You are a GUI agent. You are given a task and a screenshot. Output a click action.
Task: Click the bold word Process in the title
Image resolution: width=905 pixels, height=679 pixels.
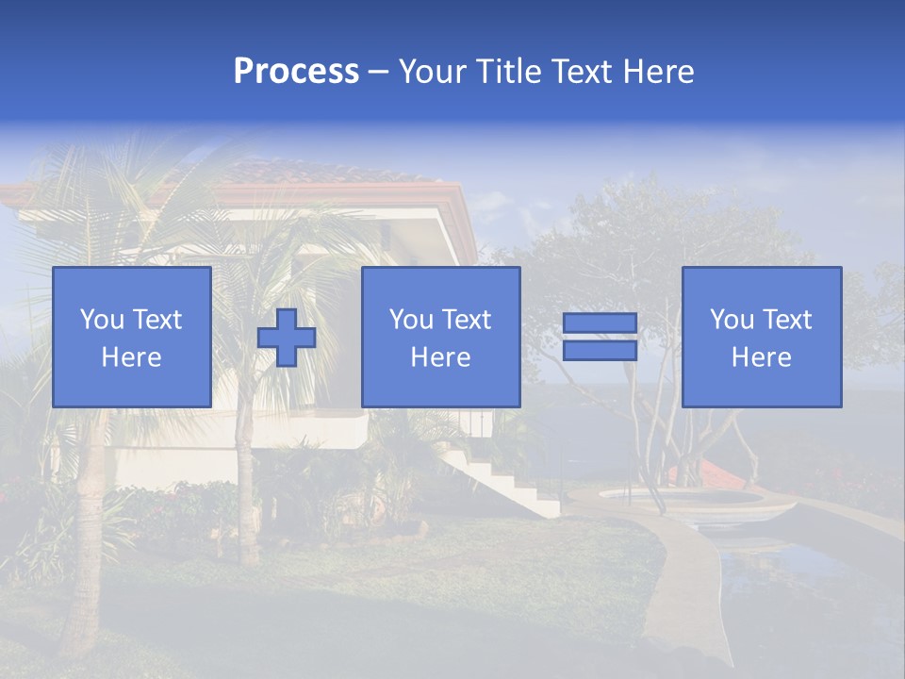tap(296, 72)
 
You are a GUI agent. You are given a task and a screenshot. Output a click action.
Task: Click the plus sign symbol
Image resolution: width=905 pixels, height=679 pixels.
tap(287, 338)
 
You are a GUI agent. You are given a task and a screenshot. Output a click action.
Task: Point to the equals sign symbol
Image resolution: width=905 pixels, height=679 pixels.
tap(600, 337)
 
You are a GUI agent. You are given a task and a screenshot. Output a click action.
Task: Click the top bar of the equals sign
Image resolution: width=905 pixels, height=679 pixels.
tap(600, 323)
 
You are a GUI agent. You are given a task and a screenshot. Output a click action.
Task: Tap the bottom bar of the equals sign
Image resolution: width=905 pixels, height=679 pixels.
tap(600, 350)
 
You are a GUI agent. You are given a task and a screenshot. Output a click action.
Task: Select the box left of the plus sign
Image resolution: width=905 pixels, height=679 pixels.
tap(132, 337)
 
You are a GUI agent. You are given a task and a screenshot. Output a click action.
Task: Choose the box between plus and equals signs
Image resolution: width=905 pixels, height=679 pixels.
tap(440, 337)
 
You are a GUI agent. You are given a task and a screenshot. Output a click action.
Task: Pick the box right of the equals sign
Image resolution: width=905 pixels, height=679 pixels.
tap(761, 337)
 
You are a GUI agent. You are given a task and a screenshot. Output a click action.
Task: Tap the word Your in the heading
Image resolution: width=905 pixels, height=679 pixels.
tap(430, 72)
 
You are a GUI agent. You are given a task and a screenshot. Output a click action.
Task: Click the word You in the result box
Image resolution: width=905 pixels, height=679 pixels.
tap(732, 320)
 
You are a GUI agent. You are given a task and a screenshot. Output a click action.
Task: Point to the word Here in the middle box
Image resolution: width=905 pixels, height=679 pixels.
tap(440, 357)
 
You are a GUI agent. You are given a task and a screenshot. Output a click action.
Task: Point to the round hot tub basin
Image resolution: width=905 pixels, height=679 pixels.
tap(679, 497)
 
